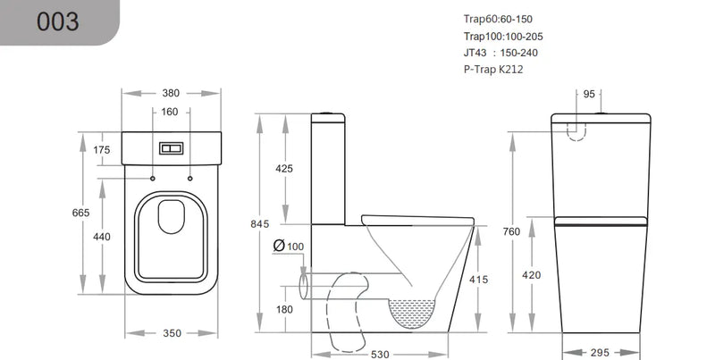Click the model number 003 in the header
(57, 22)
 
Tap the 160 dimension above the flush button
(171, 112)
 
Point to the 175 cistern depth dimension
(101, 150)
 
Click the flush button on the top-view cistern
(171, 149)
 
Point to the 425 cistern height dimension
(284, 168)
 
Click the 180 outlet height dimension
(284, 308)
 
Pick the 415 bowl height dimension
(478, 280)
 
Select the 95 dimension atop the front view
(589, 94)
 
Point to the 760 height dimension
(511, 232)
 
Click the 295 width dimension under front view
(601, 352)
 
